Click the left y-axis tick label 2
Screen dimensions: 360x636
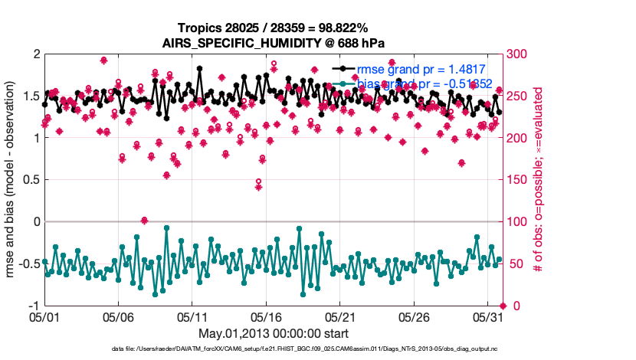coord(35,54)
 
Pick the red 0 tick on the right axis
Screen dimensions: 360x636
coord(513,306)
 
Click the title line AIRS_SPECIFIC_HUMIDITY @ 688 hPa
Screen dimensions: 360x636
coord(274,43)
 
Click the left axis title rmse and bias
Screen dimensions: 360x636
coord(15,180)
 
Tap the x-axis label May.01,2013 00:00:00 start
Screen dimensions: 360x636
coord(274,333)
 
